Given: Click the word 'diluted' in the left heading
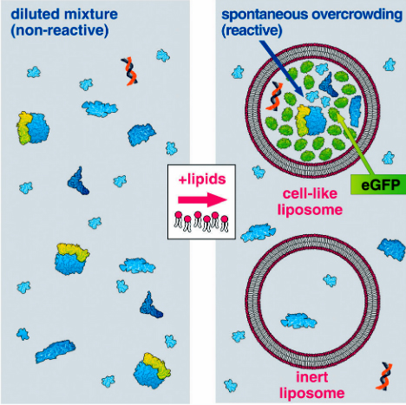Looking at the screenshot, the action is (x=34, y=14).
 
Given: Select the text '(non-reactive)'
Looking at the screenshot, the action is (x=60, y=30).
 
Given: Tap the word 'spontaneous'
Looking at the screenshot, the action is (x=265, y=15).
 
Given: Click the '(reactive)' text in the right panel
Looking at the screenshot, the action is (x=252, y=30).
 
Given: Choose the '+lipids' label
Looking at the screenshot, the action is (x=202, y=180).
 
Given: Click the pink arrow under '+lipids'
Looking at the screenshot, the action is (x=202, y=199).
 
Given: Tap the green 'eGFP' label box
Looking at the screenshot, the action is (x=378, y=185).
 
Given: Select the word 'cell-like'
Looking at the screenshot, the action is (x=310, y=193).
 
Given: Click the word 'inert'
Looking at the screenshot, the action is (x=312, y=377).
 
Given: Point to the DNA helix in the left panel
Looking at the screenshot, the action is (x=129, y=71).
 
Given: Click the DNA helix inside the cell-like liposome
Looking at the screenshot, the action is (x=273, y=96).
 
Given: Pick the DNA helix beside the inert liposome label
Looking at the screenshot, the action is (x=384, y=376).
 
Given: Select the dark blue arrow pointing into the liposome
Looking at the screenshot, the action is (x=282, y=69).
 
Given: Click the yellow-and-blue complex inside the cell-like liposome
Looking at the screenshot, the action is (x=311, y=121).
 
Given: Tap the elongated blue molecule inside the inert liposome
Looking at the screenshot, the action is (x=298, y=321).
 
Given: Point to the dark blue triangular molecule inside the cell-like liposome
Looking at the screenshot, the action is (x=329, y=84).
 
